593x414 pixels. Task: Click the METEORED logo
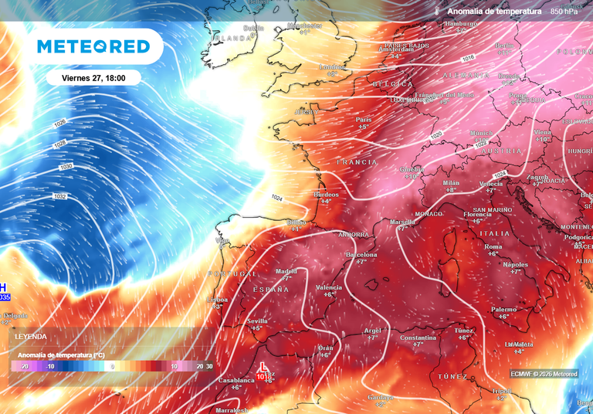94,46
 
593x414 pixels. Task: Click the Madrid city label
286,271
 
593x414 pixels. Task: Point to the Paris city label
364,120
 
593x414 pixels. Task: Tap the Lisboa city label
218,300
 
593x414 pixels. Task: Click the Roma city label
493,246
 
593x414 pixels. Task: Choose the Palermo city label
503,309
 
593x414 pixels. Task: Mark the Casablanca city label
236,381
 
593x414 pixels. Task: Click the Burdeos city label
326,195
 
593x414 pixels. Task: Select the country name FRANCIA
357,162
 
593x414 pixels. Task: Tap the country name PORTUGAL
232,274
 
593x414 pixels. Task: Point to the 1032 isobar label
60,196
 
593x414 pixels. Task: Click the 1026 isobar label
59,123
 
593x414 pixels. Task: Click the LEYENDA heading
31,337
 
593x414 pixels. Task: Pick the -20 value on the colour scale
24,366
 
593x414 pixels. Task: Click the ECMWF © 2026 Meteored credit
544,374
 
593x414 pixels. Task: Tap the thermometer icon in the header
436,12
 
